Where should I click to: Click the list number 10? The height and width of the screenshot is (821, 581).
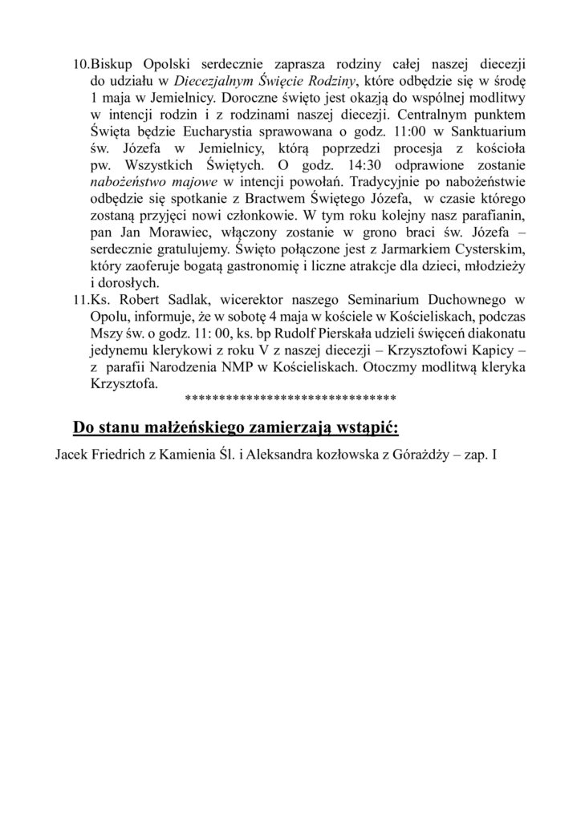coord(82,63)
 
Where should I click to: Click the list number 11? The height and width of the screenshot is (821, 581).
coord(82,299)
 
